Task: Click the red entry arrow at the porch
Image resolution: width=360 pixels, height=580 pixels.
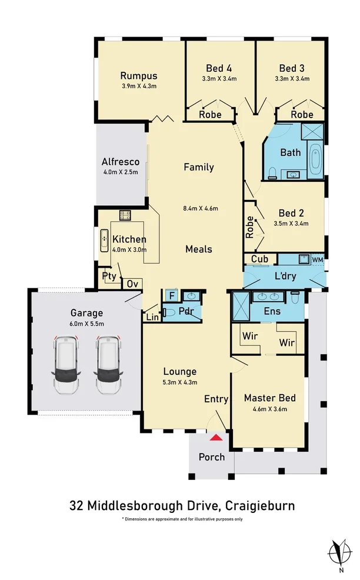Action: [x=217, y=436]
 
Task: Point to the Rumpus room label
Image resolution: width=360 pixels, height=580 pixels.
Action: [x=138, y=75]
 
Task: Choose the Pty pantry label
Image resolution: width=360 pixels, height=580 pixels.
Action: [x=109, y=276]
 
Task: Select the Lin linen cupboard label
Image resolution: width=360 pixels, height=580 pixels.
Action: [x=151, y=318]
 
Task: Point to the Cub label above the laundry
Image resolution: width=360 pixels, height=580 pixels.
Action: [x=259, y=259]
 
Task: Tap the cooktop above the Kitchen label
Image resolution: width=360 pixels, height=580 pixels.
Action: [x=125, y=215]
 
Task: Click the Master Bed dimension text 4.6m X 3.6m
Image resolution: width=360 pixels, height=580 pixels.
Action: [x=269, y=409]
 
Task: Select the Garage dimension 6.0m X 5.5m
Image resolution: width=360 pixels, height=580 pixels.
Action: [x=86, y=324]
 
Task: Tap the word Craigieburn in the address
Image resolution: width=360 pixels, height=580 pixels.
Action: [x=262, y=505]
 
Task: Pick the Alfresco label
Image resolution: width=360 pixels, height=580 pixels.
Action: [x=120, y=162]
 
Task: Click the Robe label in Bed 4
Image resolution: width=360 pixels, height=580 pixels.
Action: [x=210, y=114]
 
